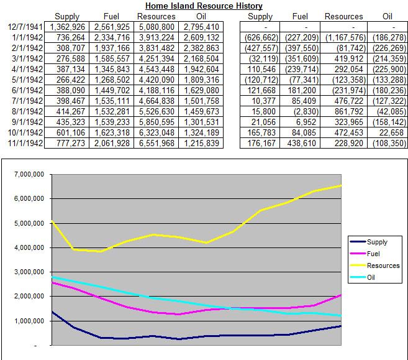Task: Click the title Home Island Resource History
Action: click(204, 6)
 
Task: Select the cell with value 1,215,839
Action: click(200, 143)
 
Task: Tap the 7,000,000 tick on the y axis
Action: click(27, 175)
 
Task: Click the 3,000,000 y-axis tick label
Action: click(27, 272)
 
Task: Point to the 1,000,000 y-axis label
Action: click(27, 321)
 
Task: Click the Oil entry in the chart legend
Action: click(373, 277)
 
